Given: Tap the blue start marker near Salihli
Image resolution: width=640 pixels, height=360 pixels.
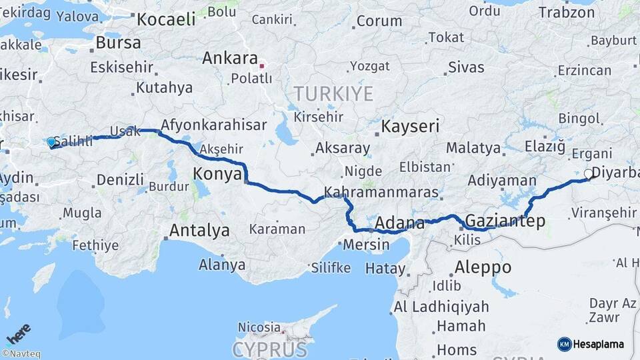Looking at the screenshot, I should coord(51,142).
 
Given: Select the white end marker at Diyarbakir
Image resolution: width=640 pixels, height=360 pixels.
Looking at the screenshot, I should coord(588,173).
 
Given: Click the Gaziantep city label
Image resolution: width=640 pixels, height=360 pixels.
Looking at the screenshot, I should coord(505,221).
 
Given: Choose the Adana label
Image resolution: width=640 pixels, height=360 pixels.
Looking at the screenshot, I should coord(400,223).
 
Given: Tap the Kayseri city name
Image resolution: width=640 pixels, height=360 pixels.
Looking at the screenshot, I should coord(410,126).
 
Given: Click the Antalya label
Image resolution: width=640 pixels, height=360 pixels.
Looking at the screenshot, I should coord(199,231).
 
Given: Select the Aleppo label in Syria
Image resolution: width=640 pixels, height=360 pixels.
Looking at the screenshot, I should coord(483,267).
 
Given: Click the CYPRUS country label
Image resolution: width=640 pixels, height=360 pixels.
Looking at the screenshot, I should coord(270,349).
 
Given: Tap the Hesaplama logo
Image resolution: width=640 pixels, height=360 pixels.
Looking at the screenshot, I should coord(591,344).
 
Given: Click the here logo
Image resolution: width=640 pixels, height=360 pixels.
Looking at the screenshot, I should coord(19,333).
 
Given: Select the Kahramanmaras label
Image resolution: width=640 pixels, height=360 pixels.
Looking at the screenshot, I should coord(381,193).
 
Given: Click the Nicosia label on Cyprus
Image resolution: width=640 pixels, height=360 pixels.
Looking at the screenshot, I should coord(259,327).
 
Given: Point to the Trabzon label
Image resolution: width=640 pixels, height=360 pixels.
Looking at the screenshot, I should coord(566,12).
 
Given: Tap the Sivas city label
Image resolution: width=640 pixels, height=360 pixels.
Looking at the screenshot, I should coord(466,67).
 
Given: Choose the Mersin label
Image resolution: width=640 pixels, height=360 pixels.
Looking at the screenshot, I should coord(366,245).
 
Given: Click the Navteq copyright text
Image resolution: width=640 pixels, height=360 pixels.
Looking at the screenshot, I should coord(21,354).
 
